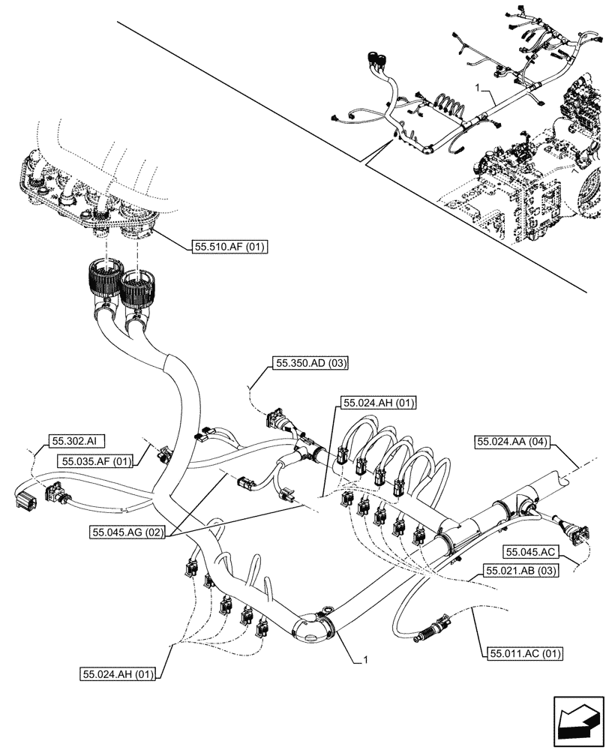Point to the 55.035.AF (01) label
point(96,460)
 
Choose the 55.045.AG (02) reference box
point(127,532)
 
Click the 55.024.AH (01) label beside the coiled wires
point(379,403)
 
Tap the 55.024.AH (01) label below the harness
point(118,674)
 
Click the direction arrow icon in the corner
point(577,721)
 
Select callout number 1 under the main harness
point(365,660)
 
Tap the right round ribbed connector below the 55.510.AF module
point(136,289)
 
